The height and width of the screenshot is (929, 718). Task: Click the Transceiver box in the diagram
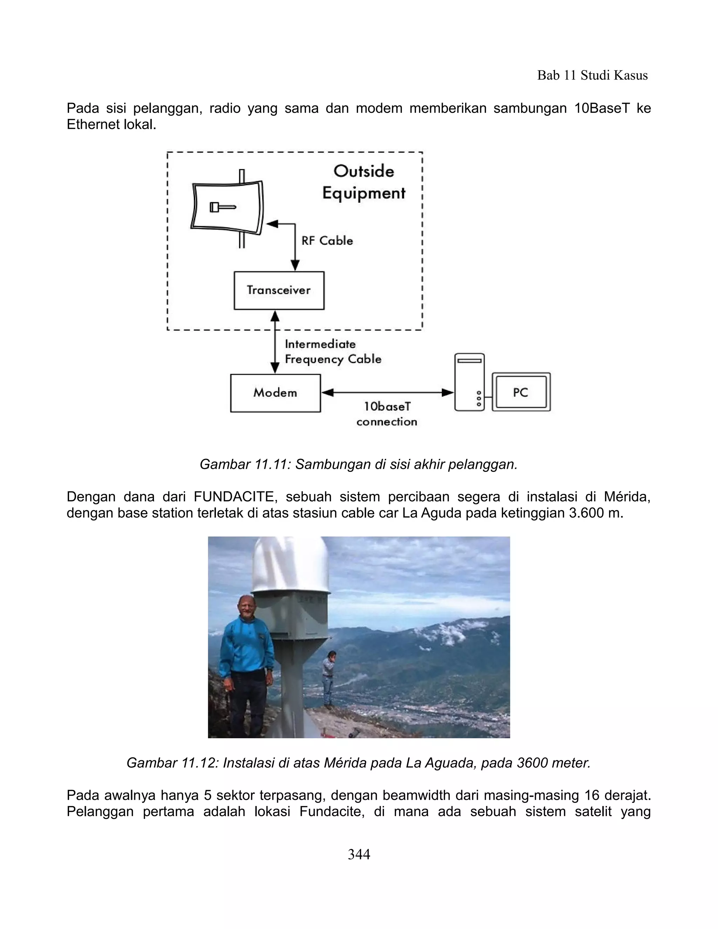(x=279, y=291)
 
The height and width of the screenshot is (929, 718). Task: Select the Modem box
(x=275, y=393)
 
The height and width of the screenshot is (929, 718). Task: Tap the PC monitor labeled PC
(x=521, y=392)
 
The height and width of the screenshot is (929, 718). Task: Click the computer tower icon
(x=469, y=382)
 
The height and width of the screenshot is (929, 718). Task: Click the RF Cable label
(x=327, y=241)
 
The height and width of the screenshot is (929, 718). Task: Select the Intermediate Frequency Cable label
(x=333, y=352)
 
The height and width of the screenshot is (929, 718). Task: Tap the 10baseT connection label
(x=387, y=414)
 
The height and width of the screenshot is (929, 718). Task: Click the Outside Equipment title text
(x=364, y=182)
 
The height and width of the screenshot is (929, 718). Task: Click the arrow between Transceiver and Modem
(x=275, y=342)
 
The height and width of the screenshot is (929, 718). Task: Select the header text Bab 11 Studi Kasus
(x=592, y=75)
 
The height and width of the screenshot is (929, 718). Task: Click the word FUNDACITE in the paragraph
(x=234, y=496)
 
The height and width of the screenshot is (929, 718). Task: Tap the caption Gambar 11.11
(x=359, y=464)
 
